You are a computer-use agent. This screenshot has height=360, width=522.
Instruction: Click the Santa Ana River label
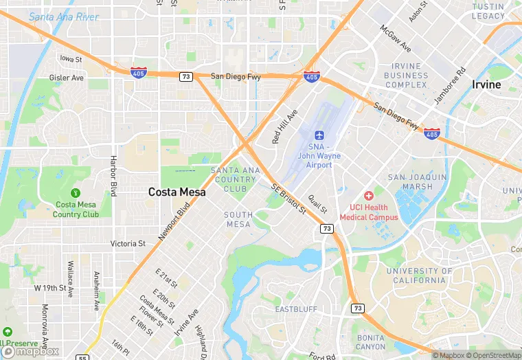(64, 16)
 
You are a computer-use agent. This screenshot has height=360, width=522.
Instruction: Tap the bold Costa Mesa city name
(177, 192)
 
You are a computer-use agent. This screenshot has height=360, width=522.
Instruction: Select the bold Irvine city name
(486, 85)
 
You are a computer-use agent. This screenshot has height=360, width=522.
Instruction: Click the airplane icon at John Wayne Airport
(319, 135)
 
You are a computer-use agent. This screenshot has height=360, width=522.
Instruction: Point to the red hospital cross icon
(369, 196)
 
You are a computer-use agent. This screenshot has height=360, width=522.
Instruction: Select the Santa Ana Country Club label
(235, 179)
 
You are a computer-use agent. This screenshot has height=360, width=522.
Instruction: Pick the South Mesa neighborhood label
(238, 220)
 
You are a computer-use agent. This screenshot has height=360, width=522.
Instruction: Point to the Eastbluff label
(296, 309)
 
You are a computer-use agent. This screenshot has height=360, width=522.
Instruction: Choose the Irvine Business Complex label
(405, 76)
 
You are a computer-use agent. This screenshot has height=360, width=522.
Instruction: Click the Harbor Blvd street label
(114, 176)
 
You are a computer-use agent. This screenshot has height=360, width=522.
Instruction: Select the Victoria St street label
(128, 243)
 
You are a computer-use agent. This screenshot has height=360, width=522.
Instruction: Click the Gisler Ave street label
(67, 78)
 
